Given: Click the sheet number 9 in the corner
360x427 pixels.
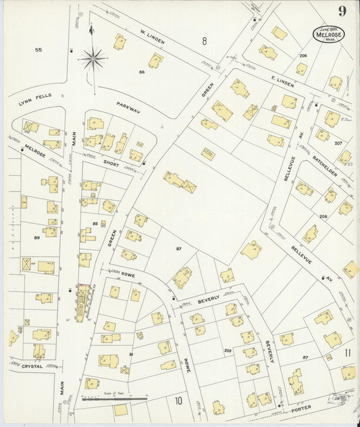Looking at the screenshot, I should pyautogui.click(x=343, y=11).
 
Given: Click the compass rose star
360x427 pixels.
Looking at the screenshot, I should pyautogui.click(x=93, y=59).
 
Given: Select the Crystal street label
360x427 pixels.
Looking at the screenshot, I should pyautogui.click(x=32, y=366).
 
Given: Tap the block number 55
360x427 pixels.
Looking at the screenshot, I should pyautogui.click(x=38, y=49).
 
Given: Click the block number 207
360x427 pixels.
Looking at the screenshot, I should pyautogui.click(x=338, y=143).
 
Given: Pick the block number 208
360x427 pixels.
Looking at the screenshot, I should pyautogui.click(x=323, y=216).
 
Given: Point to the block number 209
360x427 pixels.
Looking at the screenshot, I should pyautogui.click(x=228, y=350).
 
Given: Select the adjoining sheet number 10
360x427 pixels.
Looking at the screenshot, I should pyautogui.click(x=178, y=401).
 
